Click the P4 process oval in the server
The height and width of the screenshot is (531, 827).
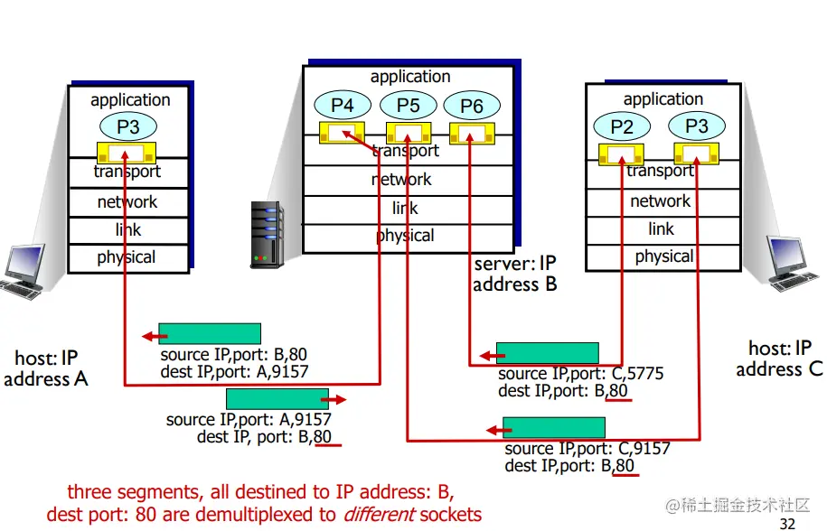click(343, 106)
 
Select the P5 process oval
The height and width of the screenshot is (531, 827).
click(409, 106)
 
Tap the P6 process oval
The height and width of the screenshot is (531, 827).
click(472, 107)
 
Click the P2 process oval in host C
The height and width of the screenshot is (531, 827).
click(623, 127)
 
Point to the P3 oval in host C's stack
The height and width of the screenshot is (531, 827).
click(697, 127)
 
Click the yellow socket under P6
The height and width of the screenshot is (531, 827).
click(467, 134)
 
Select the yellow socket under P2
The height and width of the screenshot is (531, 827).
click(621, 154)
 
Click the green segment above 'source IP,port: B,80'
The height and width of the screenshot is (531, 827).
click(210, 334)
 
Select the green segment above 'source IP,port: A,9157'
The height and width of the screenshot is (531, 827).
click(277, 398)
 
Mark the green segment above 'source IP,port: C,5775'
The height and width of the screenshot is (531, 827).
click(547, 353)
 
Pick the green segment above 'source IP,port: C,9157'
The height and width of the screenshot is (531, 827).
click(554, 427)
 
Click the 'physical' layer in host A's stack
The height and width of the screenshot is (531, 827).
click(127, 257)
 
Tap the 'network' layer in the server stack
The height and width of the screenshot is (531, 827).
click(401, 180)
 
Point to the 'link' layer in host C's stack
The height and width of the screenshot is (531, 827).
click(662, 228)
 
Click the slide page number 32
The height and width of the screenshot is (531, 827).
click(787, 523)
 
